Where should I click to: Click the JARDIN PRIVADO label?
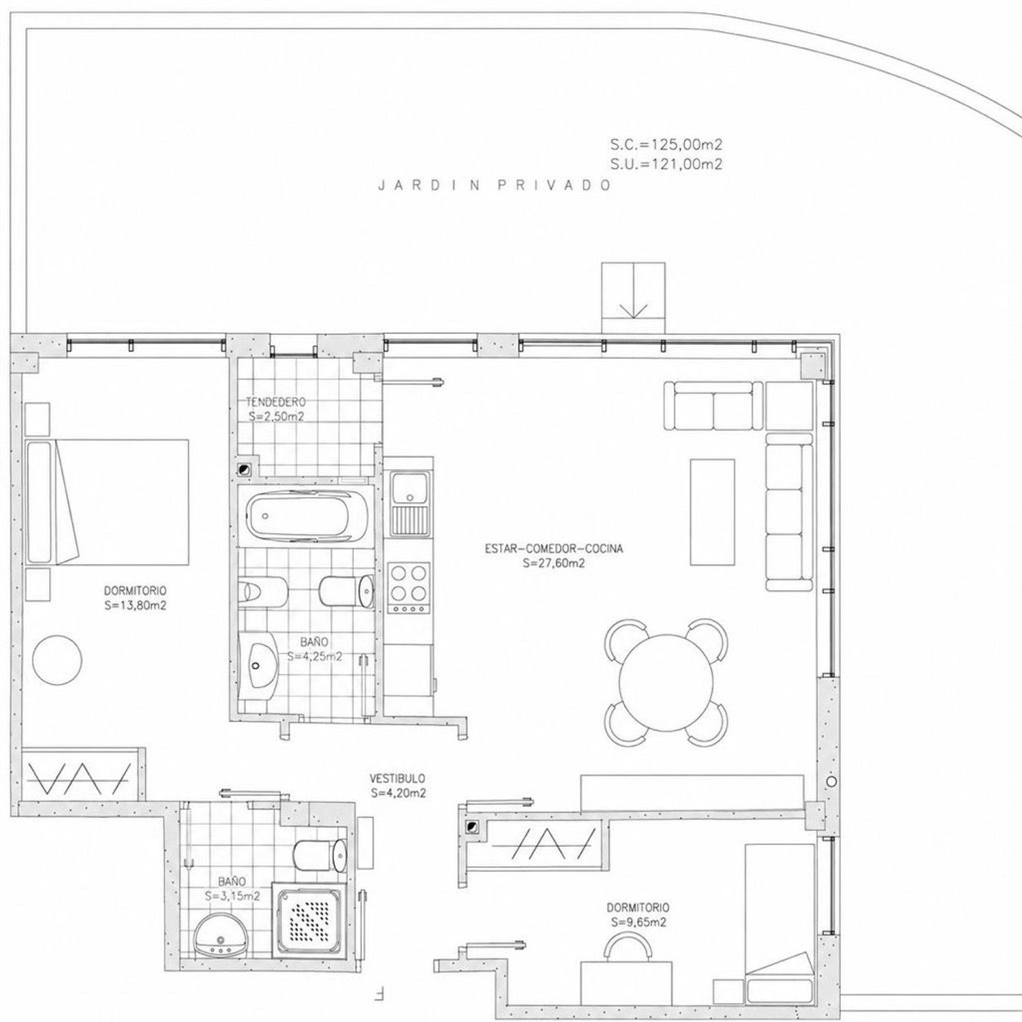click(x=495, y=185)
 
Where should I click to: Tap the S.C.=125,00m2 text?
click(x=666, y=144)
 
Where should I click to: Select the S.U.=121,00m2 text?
click(x=666, y=164)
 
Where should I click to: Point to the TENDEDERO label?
click(x=276, y=402)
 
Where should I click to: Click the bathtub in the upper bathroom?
click(x=307, y=516)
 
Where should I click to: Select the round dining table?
click(x=666, y=683)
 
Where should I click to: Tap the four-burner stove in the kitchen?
click(x=408, y=587)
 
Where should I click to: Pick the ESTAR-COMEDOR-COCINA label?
click(x=554, y=548)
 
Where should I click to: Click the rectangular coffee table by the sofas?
click(x=713, y=512)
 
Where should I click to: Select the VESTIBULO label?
click(x=398, y=778)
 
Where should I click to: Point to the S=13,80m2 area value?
click(x=136, y=604)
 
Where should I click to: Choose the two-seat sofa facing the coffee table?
click(x=713, y=405)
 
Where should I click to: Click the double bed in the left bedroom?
click(x=107, y=502)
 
